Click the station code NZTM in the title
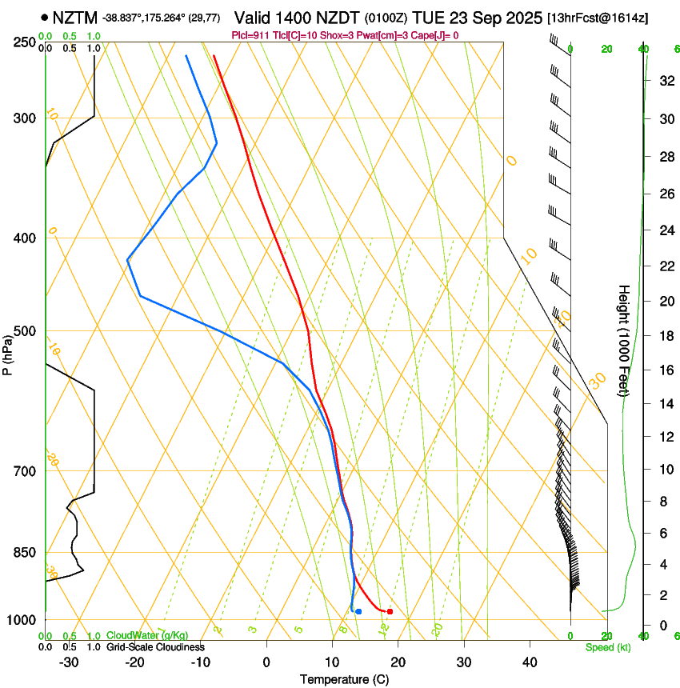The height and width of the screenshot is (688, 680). point(74,17)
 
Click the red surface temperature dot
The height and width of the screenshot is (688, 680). point(390,611)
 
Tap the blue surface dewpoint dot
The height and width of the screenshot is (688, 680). point(358,611)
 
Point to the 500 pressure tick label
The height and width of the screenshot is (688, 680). point(25,331)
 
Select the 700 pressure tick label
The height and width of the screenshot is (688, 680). point(25,471)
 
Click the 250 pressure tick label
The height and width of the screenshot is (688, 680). point(25,42)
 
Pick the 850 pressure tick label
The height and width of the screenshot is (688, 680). point(25,553)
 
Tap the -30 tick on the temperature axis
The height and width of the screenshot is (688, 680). point(69,662)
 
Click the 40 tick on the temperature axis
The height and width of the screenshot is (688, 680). point(529,662)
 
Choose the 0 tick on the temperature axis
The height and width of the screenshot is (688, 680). point(266,662)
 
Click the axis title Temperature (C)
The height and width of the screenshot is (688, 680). point(344,679)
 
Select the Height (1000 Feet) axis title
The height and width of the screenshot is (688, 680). point(624,340)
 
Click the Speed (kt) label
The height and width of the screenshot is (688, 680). point(607,647)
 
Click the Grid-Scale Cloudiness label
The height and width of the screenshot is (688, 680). point(155,647)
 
